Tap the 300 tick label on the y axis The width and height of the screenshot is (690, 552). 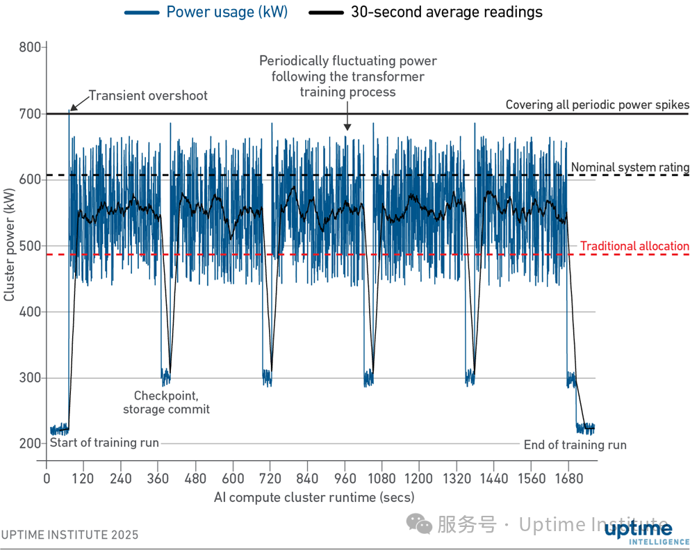click(x=28, y=378)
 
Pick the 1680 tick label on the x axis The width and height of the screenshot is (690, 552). click(x=567, y=479)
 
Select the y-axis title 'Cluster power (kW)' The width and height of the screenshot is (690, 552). click(x=10, y=246)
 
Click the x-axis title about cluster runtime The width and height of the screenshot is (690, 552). click(x=314, y=497)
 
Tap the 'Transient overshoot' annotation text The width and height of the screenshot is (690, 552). click(x=148, y=96)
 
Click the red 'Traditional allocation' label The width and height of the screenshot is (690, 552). click(x=634, y=246)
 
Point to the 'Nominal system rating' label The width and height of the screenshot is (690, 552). click(x=630, y=168)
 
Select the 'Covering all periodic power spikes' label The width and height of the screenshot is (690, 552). click(x=597, y=105)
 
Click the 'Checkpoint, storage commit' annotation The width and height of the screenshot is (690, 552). click(x=166, y=403)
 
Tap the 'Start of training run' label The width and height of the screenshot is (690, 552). click(x=104, y=443)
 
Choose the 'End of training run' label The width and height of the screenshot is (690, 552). click(x=575, y=445)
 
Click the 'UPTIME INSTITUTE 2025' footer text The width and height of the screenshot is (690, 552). click(x=69, y=535)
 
